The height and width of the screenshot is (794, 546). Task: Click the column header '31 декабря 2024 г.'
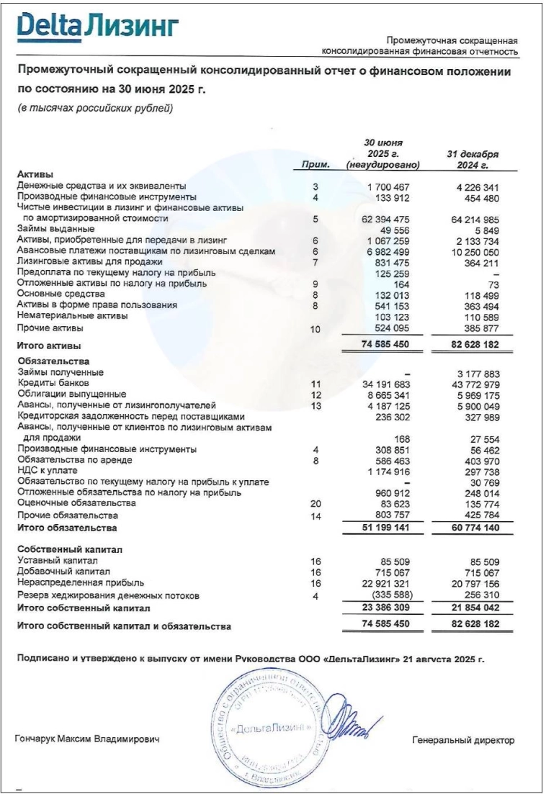click(473, 159)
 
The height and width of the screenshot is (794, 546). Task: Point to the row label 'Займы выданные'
click(55, 228)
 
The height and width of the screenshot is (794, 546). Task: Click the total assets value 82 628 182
click(473, 345)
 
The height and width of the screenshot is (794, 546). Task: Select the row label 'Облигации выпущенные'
click(72, 394)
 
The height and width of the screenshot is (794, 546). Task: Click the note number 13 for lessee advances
click(315, 405)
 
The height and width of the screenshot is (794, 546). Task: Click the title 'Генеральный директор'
click(463, 740)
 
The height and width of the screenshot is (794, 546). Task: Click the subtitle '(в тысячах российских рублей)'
click(95, 109)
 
